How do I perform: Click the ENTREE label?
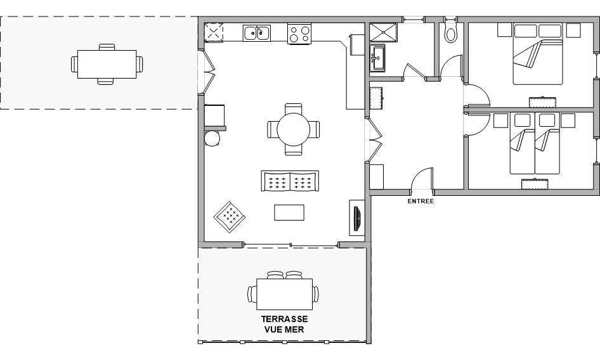[x=421, y=201]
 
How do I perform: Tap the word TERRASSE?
[x=284, y=319]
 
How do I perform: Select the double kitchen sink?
[x=256, y=33]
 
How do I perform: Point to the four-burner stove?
[x=299, y=34]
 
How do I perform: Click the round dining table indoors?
[x=294, y=129]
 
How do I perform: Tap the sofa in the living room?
[x=290, y=181]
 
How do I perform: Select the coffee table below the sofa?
[x=289, y=212]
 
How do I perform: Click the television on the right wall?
[x=356, y=219]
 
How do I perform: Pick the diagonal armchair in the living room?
[x=230, y=217]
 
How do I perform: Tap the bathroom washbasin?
[x=378, y=58]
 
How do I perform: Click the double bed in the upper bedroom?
[x=538, y=54]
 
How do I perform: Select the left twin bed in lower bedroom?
[x=522, y=143]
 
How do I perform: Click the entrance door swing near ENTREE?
[x=422, y=178]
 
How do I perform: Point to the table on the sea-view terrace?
[x=284, y=294]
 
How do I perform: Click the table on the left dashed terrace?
[x=107, y=64]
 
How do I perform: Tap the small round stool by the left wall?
[x=212, y=139]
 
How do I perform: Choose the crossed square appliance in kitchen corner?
[x=214, y=32]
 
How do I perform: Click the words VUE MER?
[x=284, y=330]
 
